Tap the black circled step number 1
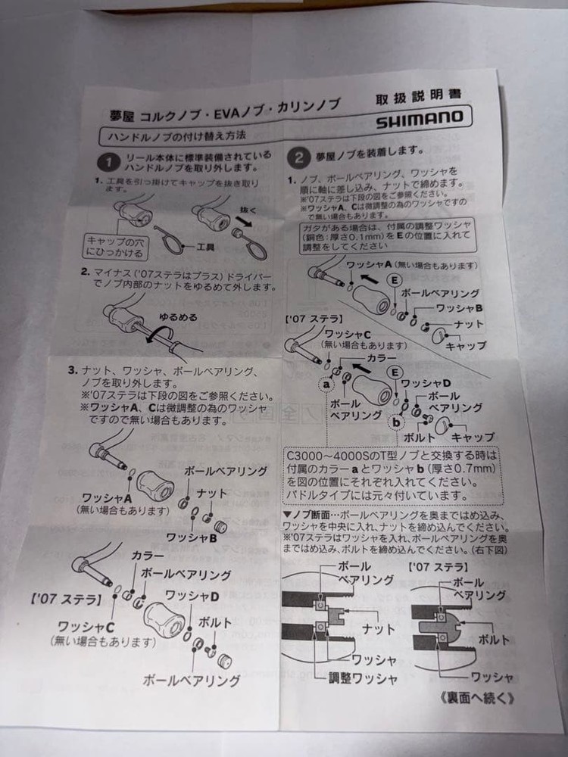111,161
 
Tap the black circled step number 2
300,157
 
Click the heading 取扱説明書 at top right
417,99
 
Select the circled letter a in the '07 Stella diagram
327,385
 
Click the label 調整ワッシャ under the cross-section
362,678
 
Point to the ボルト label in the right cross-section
495,640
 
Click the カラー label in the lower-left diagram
148,556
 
